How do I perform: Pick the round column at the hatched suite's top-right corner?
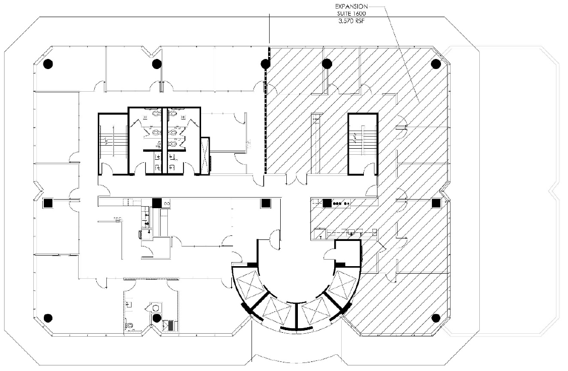[x=436, y=64]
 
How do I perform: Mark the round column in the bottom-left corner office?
[x=48, y=318]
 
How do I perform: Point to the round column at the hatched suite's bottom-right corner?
[x=436, y=318]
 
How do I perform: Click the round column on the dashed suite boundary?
[x=265, y=64]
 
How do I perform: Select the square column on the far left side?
[x=48, y=203]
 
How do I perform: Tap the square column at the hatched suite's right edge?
[x=436, y=203]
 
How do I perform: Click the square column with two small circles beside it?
[x=157, y=203]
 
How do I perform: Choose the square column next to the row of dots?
[x=327, y=203]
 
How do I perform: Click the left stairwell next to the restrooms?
[x=112, y=144]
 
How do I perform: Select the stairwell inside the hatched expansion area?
[x=362, y=144]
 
